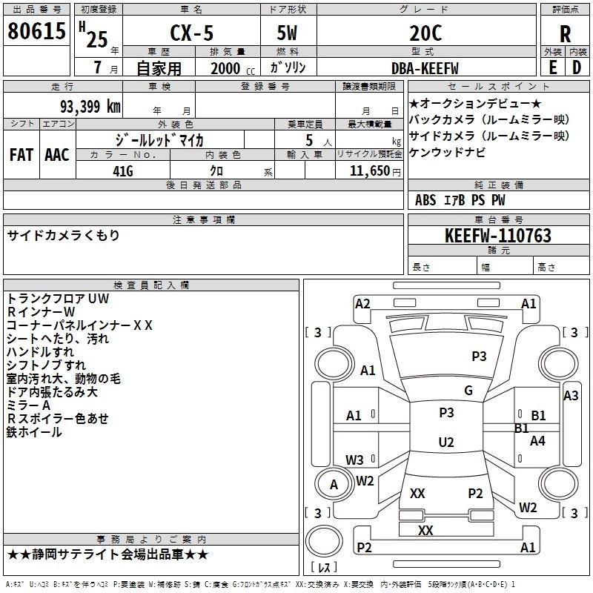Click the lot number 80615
click(36, 30)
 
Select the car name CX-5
click(192, 33)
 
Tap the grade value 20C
click(425, 33)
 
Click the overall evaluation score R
click(565, 34)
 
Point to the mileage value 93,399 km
click(90, 107)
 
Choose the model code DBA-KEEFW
click(425, 68)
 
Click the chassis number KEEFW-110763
click(498, 236)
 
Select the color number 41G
click(123, 171)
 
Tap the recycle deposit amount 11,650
click(370, 171)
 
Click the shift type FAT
click(21, 155)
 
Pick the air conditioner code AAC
click(57, 155)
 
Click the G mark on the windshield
click(468, 391)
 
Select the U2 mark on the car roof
click(446, 442)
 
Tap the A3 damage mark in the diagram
click(571, 396)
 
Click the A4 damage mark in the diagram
click(537, 440)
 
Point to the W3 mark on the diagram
click(354, 460)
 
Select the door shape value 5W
click(287, 33)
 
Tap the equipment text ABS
click(425, 200)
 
